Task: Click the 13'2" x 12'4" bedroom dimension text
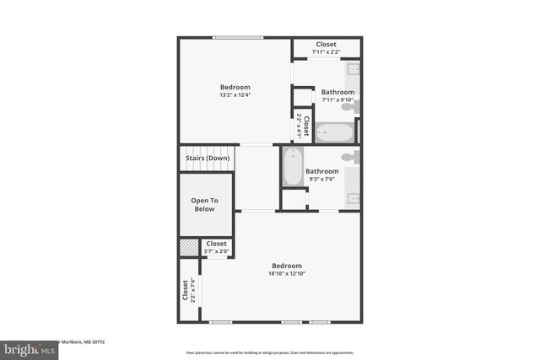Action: [x=235, y=95]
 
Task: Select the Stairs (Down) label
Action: [x=208, y=159]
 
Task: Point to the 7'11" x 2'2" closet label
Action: [x=326, y=52]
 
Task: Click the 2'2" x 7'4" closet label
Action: [x=188, y=292]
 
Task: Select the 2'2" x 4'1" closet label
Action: [x=302, y=126]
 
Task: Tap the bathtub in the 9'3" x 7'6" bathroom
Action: [x=292, y=167]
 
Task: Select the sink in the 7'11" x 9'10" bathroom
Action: [x=353, y=70]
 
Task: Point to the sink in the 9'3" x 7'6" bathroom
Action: [x=353, y=199]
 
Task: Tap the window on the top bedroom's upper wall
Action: [x=236, y=37]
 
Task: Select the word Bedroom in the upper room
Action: [x=235, y=87]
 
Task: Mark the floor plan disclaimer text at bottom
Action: [x=269, y=352]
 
